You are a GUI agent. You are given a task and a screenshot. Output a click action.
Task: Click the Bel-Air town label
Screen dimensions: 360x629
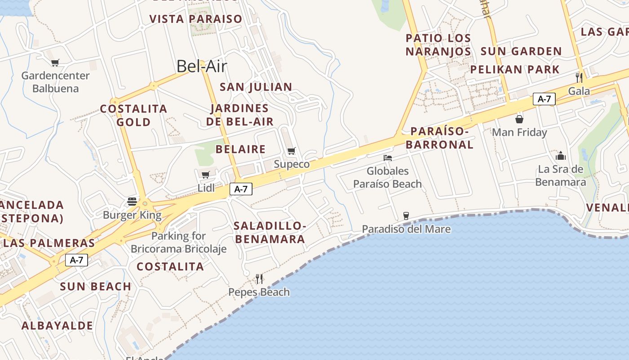pyautogui.click(x=202, y=66)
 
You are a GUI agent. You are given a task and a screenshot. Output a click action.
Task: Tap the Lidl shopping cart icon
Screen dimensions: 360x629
pyautogui.click(x=206, y=175)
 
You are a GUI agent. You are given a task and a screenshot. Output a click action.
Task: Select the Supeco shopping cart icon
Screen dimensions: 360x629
pyautogui.click(x=292, y=151)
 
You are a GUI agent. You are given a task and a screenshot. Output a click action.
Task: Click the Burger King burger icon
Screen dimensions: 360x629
pyautogui.click(x=132, y=201)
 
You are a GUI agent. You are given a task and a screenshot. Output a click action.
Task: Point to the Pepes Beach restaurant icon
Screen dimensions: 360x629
pyautogui.click(x=259, y=279)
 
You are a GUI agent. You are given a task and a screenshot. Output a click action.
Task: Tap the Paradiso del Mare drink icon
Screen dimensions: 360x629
pyautogui.click(x=406, y=216)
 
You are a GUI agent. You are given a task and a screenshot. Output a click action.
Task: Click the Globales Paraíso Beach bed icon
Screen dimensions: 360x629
pyautogui.click(x=388, y=158)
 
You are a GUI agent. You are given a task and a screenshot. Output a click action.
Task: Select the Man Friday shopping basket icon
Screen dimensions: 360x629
pyautogui.click(x=519, y=119)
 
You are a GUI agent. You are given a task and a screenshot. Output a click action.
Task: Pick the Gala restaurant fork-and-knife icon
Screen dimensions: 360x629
pyautogui.click(x=579, y=77)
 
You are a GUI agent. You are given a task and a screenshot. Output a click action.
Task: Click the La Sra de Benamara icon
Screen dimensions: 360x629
pyautogui.click(x=561, y=156)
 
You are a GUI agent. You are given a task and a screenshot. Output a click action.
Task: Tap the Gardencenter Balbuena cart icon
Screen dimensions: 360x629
pyautogui.click(x=55, y=63)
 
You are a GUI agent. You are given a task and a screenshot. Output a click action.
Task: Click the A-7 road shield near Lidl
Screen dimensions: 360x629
pyautogui.click(x=241, y=189)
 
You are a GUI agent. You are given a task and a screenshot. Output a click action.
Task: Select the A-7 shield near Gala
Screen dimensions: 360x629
pyautogui.click(x=544, y=99)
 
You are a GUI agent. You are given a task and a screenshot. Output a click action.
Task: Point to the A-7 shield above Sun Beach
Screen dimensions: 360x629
pyautogui.click(x=76, y=260)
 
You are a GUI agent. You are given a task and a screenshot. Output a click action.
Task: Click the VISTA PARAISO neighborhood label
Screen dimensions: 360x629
pyautogui.click(x=196, y=19)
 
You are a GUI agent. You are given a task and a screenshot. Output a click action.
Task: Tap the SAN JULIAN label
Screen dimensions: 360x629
pyautogui.click(x=256, y=87)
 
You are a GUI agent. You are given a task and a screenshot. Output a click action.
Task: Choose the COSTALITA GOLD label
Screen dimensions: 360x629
pyautogui.click(x=133, y=115)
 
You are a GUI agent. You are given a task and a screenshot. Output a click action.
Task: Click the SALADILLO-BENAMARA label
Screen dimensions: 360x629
pyautogui.click(x=270, y=232)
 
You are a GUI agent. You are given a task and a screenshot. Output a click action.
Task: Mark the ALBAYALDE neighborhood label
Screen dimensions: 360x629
pyautogui.click(x=58, y=325)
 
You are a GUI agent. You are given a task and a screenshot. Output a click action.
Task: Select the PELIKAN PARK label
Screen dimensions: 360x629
pyautogui.click(x=515, y=69)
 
